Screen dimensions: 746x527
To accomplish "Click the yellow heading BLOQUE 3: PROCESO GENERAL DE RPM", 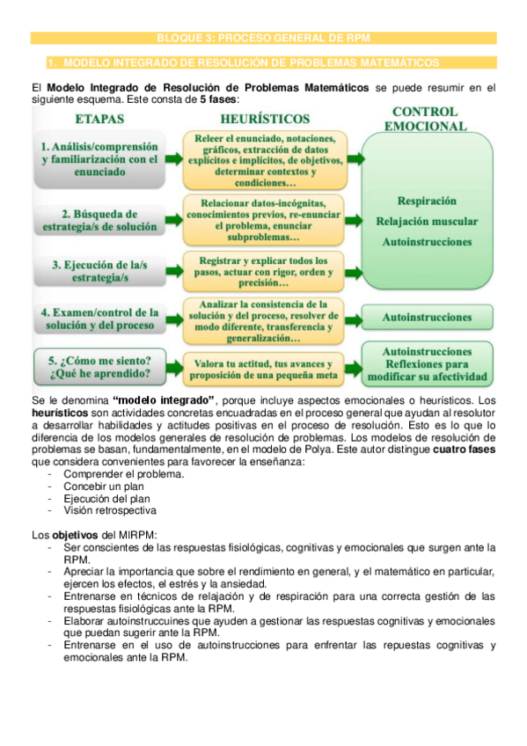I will (263, 38).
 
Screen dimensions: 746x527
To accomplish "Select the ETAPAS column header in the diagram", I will (99, 118).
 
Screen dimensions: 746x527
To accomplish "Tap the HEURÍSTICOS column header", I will (265, 118).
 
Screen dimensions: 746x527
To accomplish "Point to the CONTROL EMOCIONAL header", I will (425, 118).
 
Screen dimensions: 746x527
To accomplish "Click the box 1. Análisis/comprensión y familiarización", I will (99, 159).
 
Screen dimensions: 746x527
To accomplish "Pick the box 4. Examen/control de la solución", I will (99, 318).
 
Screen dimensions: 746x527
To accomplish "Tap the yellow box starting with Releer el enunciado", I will (266, 159).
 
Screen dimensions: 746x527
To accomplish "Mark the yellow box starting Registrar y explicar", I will (266, 272).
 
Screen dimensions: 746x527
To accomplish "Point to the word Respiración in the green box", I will (427, 201).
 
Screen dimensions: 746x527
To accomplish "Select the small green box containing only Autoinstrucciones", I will (427, 316).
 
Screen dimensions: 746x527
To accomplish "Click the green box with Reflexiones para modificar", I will (427, 363).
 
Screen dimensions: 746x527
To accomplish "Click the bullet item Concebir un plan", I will (105, 486).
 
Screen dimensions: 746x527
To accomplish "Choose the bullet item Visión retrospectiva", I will (111, 509).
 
